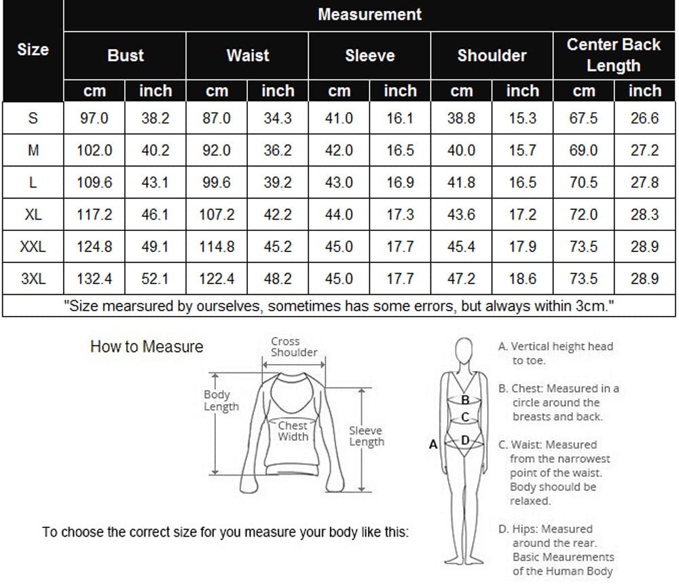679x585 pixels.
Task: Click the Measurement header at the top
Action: tap(369, 14)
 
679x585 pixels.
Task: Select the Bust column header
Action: tap(125, 56)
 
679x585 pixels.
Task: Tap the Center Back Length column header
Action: tap(614, 55)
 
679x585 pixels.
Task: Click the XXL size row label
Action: tap(33, 247)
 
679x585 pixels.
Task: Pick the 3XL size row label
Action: tap(33, 279)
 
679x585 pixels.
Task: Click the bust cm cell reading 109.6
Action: tap(94, 183)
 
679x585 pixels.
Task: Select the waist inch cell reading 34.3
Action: tap(278, 118)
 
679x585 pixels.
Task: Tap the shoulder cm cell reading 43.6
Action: tap(461, 215)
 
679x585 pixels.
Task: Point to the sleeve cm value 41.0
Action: tap(339, 118)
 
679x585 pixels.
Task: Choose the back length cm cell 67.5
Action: tap(583, 118)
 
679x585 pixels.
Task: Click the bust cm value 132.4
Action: tap(94, 279)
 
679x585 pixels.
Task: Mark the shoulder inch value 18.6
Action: tap(523, 279)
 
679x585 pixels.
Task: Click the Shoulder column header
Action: tap(492, 56)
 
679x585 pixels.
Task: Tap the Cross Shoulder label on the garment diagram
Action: tap(294, 347)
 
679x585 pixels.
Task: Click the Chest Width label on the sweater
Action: tap(293, 431)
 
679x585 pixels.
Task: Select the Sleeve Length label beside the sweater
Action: tap(367, 436)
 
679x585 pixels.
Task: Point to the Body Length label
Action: tap(221, 400)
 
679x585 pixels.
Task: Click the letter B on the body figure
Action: tap(466, 400)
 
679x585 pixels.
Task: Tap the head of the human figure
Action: tap(464, 351)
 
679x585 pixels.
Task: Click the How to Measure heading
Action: tap(147, 347)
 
